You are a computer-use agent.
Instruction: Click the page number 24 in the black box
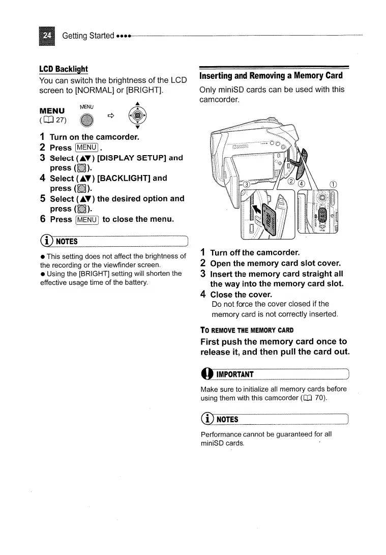point(47,36)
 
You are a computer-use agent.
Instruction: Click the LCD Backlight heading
point(63,69)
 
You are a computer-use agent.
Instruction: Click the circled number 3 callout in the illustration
point(246,184)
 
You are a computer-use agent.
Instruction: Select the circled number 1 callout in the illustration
point(333,184)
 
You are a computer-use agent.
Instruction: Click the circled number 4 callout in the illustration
point(302,184)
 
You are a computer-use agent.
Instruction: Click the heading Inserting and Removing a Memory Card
point(271,76)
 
